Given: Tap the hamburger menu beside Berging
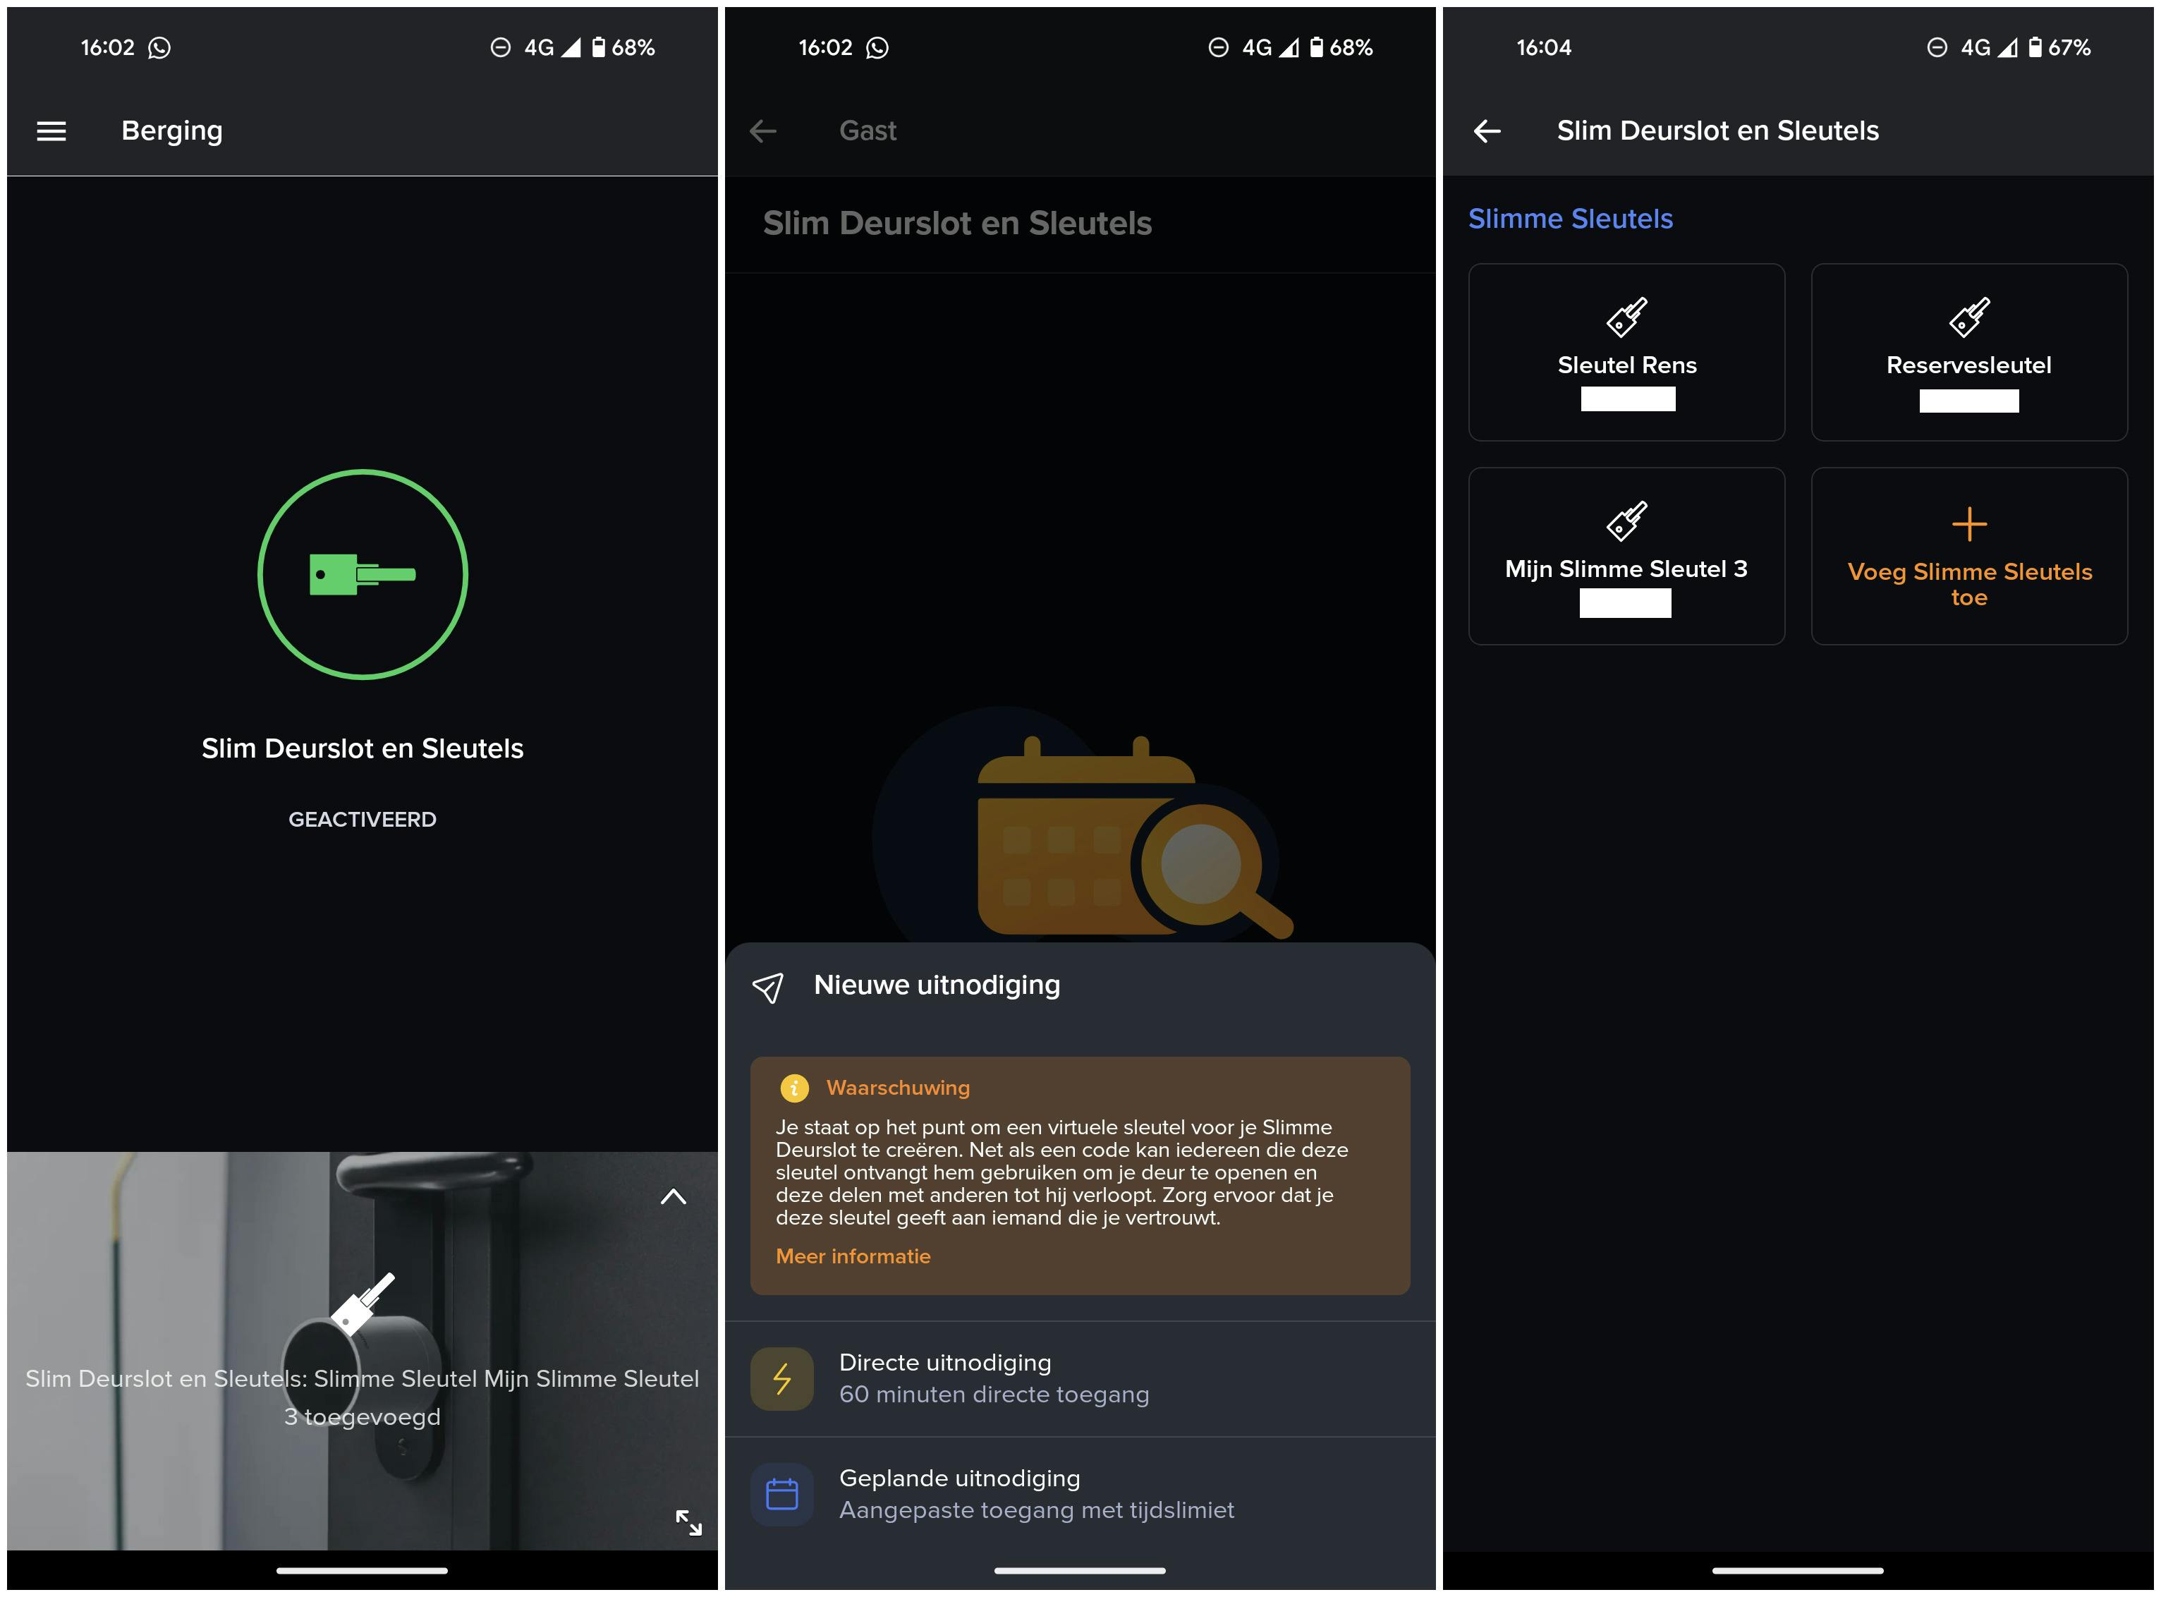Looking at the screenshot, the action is pos(51,130).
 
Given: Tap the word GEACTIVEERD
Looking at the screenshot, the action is pos(363,819).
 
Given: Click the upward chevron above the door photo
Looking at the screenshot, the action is pos(673,1197).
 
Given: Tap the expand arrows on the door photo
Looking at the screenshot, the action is pos(688,1522).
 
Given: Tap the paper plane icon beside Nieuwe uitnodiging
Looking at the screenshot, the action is pos(768,987).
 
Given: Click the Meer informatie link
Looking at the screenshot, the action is pos(853,1256).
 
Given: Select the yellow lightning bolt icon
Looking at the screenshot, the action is pos(782,1378).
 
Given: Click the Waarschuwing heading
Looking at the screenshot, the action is pos(898,1088).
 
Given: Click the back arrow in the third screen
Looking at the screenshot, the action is pos(1487,130).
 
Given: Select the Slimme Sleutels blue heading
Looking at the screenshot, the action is pos(1571,219).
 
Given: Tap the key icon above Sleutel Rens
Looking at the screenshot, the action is pos(1626,316).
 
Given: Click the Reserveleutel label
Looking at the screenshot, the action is pos(1968,365).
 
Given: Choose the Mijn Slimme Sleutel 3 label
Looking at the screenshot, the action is pos(1626,569).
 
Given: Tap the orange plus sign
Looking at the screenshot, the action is pos(1968,524).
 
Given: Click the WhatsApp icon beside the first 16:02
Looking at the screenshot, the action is pos(159,47).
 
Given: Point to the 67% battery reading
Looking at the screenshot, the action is pos(2069,47).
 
